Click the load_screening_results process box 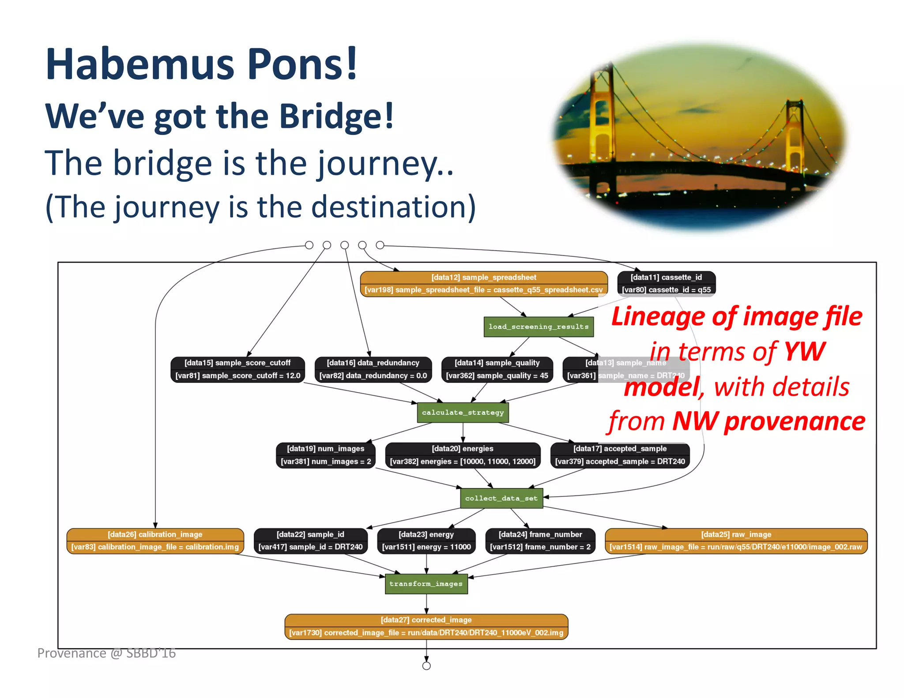538,327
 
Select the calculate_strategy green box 463,413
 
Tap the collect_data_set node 501,498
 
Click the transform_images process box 426,584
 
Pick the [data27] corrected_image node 426,627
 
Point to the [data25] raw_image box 736,541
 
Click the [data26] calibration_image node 155,541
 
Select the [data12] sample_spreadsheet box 483,284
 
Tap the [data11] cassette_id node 666,284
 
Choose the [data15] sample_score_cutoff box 237,369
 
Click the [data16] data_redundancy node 373,369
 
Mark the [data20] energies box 463,455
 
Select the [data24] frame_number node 540,541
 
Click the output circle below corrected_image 426,666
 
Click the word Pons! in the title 302,64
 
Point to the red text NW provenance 768,421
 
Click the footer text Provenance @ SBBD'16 106,653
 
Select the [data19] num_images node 326,455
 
